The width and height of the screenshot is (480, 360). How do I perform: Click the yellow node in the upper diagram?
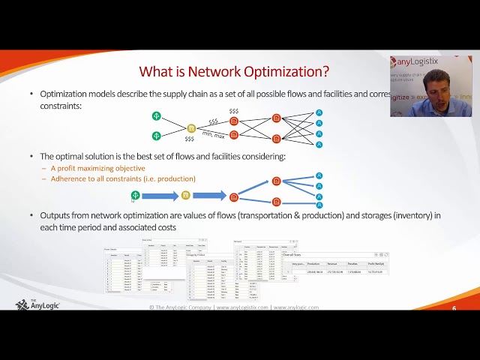tap(191, 128)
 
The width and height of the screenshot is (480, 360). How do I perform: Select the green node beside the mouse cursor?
tap(136, 195)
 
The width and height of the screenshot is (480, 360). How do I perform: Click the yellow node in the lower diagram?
tap(186, 196)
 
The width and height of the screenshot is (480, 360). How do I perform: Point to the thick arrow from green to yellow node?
tap(160, 196)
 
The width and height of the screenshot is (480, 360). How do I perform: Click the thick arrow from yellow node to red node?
tap(209, 196)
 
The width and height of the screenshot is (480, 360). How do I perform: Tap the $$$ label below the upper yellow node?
tap(189, 139)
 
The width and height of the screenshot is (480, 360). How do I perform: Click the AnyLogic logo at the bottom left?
tap(37, 304)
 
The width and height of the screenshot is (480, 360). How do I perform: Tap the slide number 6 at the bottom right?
tap(454, 308)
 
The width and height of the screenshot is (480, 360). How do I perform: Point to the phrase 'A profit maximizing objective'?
tap(98, 168)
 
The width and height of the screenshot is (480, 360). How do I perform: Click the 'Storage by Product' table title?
tap(197, 254)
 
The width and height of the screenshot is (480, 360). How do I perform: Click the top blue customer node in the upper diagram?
tap(319, 112)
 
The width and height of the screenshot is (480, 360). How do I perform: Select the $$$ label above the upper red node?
tap(234, 111)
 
